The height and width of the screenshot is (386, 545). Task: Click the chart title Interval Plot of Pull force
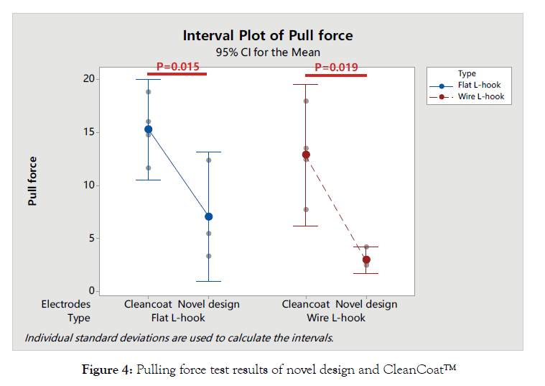point(267,35)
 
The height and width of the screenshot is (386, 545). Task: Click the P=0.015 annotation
point(177,67)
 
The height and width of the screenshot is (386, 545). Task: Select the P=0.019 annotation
point(336,68)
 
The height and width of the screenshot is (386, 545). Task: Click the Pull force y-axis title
point(33,181)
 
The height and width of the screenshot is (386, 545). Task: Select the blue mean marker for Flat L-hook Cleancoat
point(148,129)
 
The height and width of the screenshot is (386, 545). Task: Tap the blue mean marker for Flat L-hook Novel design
point(209,216)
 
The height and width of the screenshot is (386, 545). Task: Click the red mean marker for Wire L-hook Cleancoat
point(306,155)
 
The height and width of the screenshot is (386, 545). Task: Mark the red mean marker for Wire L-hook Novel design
point(366,259)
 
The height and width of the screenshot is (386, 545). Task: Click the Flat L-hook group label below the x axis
point(178,318)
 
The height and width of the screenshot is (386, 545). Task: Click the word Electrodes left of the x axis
point(66,304)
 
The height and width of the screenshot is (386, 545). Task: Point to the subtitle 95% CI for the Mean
point(268,52)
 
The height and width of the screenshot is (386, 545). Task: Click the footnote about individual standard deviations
point(179,336)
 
